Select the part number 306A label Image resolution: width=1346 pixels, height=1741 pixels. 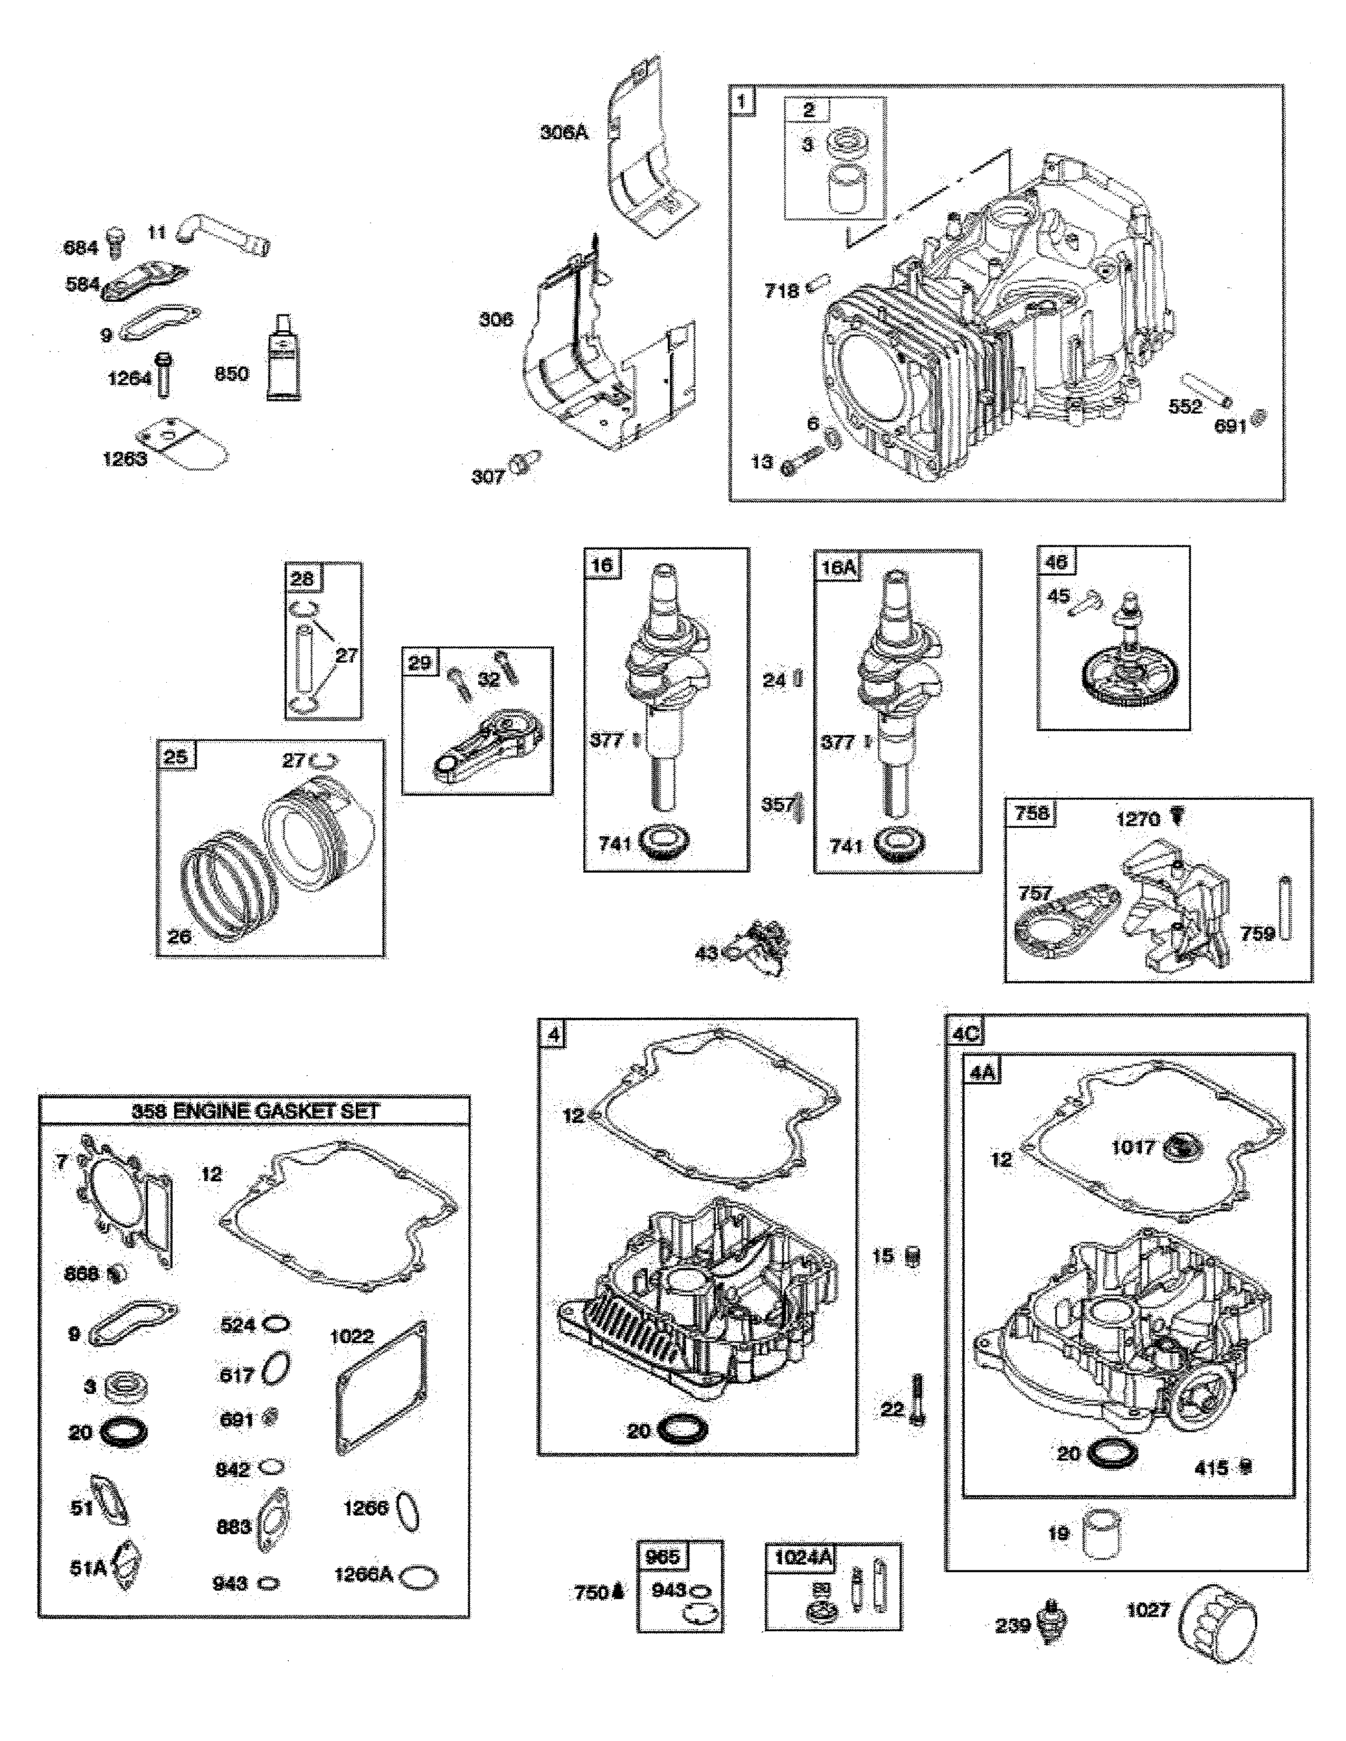564,133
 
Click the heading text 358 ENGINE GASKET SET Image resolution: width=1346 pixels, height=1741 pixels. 255,1111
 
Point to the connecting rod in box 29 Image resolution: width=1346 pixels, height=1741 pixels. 488,745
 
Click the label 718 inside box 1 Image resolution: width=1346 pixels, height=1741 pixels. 781,291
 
